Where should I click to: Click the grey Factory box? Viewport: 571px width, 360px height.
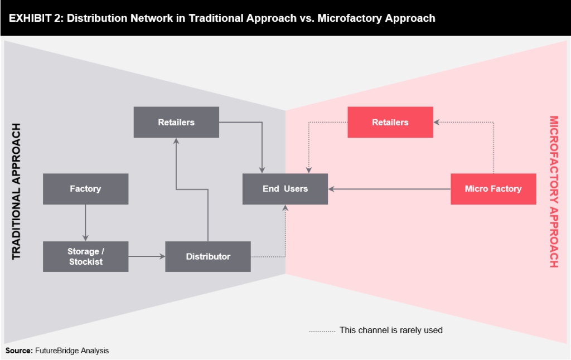(x=85, y=189)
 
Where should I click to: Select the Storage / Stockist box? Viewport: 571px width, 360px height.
(x=85, y=257)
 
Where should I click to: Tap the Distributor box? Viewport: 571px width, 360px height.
(x=208, y=257)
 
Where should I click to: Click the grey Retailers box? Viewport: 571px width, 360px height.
(x=176, y=122)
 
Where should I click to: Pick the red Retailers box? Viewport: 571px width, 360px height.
(x=390, y=122)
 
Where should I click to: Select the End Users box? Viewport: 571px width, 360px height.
(x=285, y=189)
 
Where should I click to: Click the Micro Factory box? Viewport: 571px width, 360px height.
(x=493, y=189)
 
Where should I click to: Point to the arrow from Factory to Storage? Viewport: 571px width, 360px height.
(x=85, y=222)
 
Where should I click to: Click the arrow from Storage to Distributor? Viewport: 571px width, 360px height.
(x=147, y=257)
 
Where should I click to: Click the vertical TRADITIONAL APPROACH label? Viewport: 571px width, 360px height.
(x=16, y=191)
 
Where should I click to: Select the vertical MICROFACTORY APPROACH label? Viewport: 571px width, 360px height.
(x=554, y=191)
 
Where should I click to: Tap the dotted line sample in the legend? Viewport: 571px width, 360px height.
(x=322, y=330)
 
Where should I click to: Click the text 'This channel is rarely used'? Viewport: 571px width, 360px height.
(x=390, y=330)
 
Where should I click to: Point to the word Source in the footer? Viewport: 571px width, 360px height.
(x=18, y=351)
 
